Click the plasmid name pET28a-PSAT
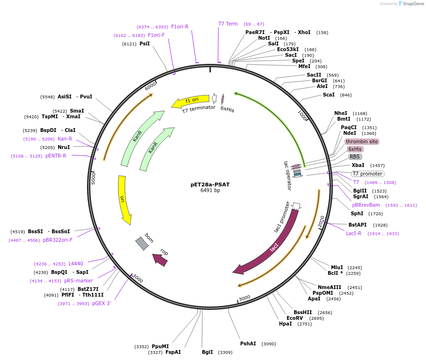210,184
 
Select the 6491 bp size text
210,191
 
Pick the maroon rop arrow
160,259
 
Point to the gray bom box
142,243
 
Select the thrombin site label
362,141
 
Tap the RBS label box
355,157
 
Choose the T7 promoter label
367,174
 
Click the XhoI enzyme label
304,32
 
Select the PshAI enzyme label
248,343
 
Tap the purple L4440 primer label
76,263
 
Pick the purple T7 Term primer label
228,24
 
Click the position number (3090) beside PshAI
269,344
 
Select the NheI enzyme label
340,113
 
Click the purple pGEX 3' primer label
101,303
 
